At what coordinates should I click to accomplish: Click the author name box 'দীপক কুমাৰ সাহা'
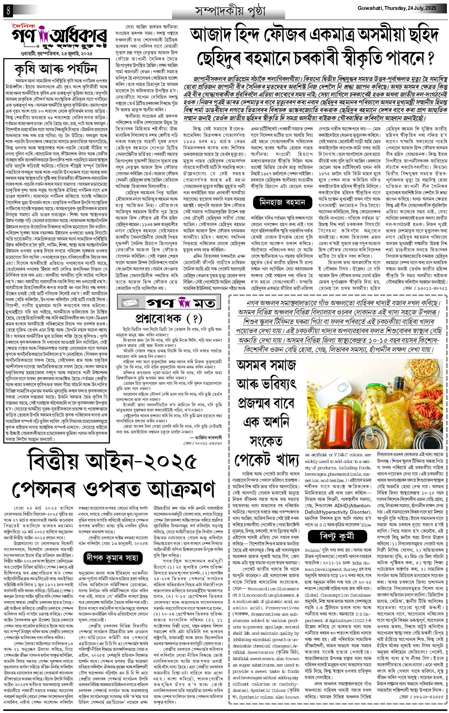pos(112,557)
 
